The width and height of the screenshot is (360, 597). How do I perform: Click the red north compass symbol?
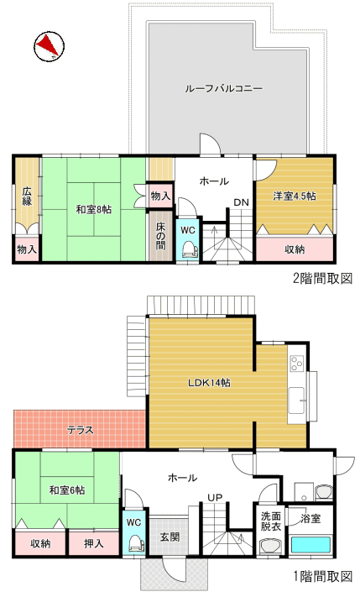pos(49,46)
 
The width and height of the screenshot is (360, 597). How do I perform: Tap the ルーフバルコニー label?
pos(223,89)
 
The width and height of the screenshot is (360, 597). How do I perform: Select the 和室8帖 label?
pos(94,209)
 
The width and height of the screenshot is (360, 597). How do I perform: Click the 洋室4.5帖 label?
pos(295,196)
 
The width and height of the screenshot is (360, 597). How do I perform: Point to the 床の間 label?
pos(160,236)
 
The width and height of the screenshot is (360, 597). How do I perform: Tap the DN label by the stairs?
pos(241,202)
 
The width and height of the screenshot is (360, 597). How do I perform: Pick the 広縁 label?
pos(27,196)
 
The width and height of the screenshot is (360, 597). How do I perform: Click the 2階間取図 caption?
pos(322,278)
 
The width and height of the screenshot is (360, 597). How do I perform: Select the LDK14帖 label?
pos(209,383)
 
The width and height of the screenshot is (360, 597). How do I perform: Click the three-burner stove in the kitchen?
pos(296,363)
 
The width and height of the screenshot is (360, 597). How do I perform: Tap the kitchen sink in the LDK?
pos(296,401)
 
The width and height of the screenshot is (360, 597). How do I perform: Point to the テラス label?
pos(81,430)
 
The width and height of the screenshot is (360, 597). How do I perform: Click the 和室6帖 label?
pos(67,490)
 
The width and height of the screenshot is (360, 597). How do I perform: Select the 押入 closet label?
pos(94,543)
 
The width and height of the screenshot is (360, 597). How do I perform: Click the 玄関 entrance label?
pos(170,537)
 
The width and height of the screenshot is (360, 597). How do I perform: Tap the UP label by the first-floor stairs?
pos(215,498)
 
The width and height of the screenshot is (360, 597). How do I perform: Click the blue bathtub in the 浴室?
pos(310,544)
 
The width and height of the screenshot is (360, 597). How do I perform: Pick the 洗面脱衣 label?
pos(271,521)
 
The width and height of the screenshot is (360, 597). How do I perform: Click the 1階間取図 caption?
pos(323,577)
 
